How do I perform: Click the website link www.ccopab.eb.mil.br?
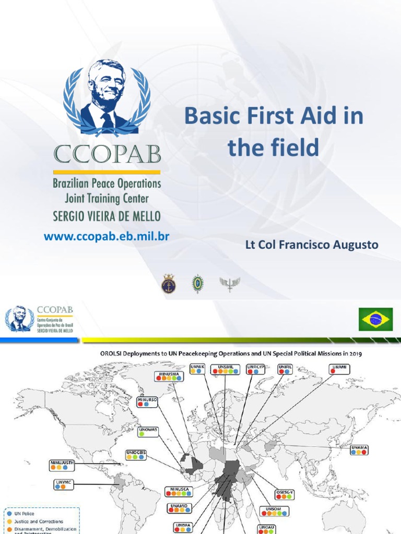pyautogui.click(x=107, y=236)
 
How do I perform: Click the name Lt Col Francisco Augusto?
pyautogui.click(x=312, y=245)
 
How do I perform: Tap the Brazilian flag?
pyautogui.click(x=375, y=319)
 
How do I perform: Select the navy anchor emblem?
pyautogui.click(x=168, y=283)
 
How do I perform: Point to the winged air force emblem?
pyautogui.click(x=229, y=283)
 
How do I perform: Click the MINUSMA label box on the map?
pyautogui.click(x=168, y=377)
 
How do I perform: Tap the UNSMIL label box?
pyautogui.click(x=226, y=369)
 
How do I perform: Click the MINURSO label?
pyautogui.click(x=147, y=401)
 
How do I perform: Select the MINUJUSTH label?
pyautogui.click(x=63, y=464)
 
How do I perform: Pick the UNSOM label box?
pyautogui.click(x=274, y=511)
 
